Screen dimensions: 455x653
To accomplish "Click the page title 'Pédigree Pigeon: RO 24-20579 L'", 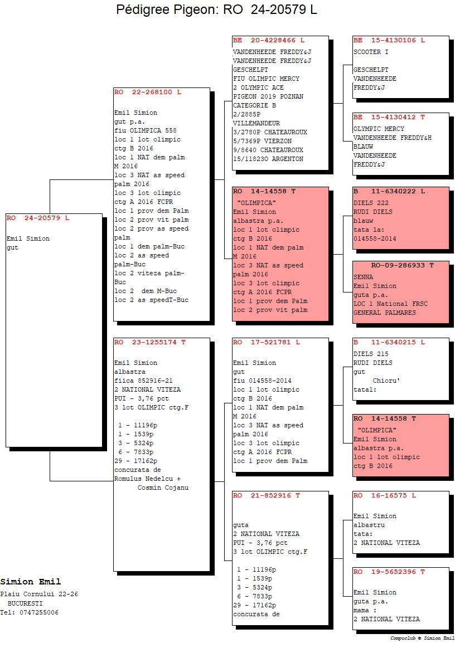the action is pos(216,9).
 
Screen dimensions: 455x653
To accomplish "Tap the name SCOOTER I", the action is pos(371,52).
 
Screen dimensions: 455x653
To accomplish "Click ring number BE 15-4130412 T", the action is pos(389,118).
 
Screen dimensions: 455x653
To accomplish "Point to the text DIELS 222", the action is pos(371,203).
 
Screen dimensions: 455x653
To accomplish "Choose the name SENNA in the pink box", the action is pos(364,277).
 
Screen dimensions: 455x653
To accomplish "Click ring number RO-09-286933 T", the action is pos(403,265).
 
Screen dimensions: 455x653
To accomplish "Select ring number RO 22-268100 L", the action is pos(148,92).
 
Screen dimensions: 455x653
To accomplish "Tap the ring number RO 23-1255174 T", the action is pos(150,342).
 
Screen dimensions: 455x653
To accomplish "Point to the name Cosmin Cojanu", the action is pos(163,488).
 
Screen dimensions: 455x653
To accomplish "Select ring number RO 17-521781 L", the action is pos(267,342).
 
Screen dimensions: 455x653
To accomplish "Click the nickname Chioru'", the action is pos(386,381).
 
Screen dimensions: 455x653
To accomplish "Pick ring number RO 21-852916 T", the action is pos(267,495).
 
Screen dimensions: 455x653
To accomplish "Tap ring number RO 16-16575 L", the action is pos(385,495).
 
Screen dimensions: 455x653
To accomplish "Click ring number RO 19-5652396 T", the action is pos(389,572).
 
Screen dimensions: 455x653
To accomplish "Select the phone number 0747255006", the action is pos(39,612).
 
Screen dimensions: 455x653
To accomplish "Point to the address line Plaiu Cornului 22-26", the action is pos(39,594).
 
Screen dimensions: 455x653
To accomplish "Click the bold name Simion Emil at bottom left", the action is pos(31,582).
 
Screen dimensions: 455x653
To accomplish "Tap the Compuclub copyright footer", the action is pos(422,638).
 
